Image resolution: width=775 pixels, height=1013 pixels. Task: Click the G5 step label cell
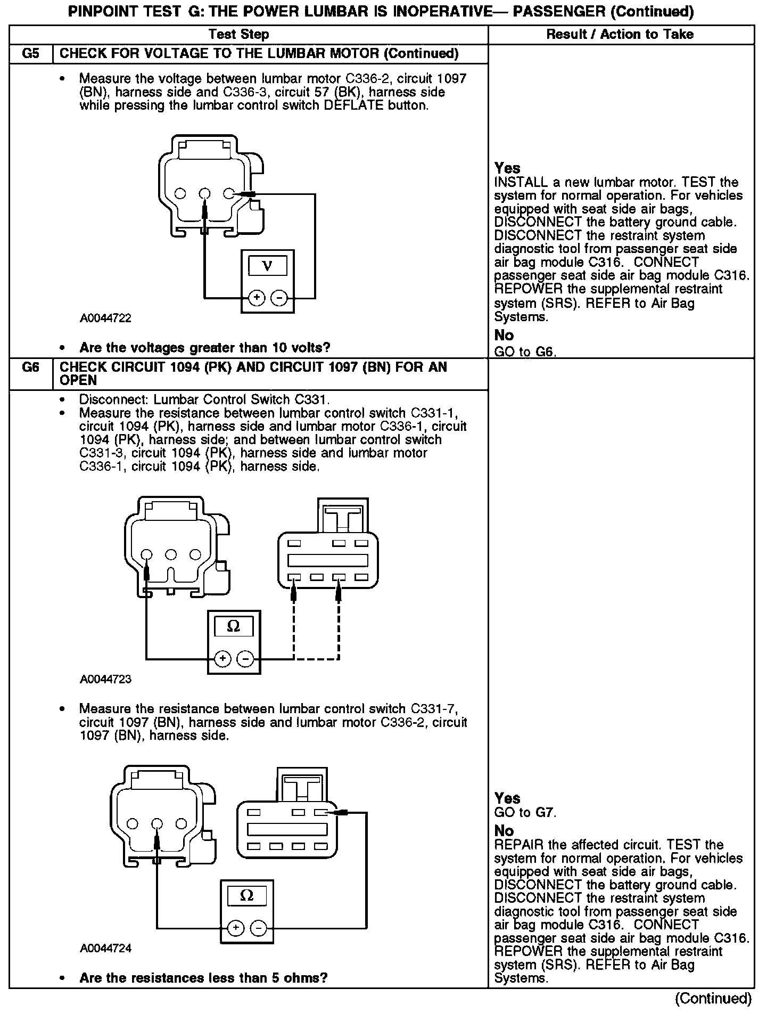pyautogui.click(x=31, y=54)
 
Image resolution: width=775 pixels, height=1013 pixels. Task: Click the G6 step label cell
pyautogui.click(x=31, y=367)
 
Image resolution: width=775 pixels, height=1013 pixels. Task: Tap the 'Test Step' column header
pyautogui.click(x=238, y=35)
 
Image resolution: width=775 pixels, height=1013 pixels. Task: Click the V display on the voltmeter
pyautogui.click(x=267, y=266)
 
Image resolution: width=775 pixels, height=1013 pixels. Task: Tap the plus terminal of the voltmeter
pyautogui.click(x=257, y=298)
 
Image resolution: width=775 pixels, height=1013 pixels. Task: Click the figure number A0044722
pyautogui.click(x=105, y=318)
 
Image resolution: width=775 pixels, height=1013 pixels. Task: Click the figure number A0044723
pyautogui.click(x=105, y=679)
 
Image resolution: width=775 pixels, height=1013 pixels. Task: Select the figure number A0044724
pyautogui.click(x=105, y=949)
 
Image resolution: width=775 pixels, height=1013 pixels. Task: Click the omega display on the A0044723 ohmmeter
pyautogui.click(x=234, y=626)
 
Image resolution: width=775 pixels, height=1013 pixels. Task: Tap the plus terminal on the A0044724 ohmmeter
pyautogui.click(x=236, y=928)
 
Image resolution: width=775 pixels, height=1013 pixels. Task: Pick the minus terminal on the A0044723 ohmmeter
pyautogui.click(x=245, y=659)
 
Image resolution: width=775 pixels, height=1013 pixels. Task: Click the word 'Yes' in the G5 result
pyautogui.click(x=507, y=168)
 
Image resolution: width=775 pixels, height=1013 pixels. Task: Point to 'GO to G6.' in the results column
pyautogui.click(x=525, y=352)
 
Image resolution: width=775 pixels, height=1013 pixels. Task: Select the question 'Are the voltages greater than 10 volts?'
pyautogui.click(x=204, y=348)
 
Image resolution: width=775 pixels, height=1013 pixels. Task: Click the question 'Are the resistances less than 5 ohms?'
pyautogui.click(x=203, y=978)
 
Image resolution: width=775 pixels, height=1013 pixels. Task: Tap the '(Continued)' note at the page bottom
pyautogui.click(x=713, y=998)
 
